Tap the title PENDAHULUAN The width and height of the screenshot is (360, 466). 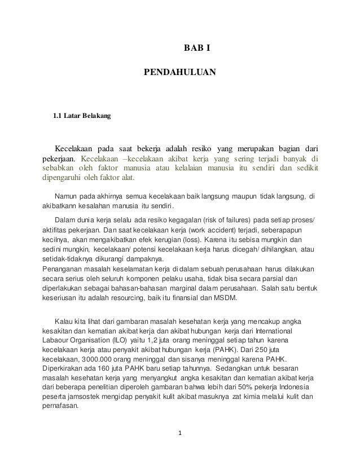[x=180, y=73]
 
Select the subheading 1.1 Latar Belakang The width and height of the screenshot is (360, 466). [x=82, y=117]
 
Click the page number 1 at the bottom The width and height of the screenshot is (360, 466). [x=179, y=434]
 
